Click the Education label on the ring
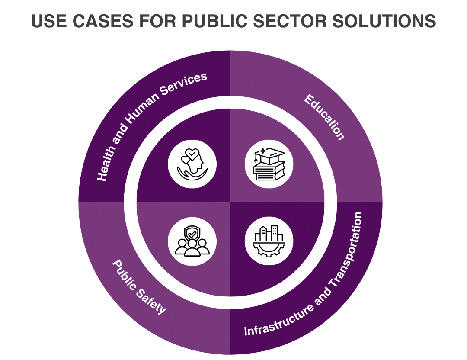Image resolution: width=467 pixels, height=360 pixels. coord(324,117)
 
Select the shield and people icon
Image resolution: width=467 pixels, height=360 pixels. coord(192,241)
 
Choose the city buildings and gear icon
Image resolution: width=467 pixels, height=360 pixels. coord(269,241)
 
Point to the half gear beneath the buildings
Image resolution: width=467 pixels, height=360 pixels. coord(269,250)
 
